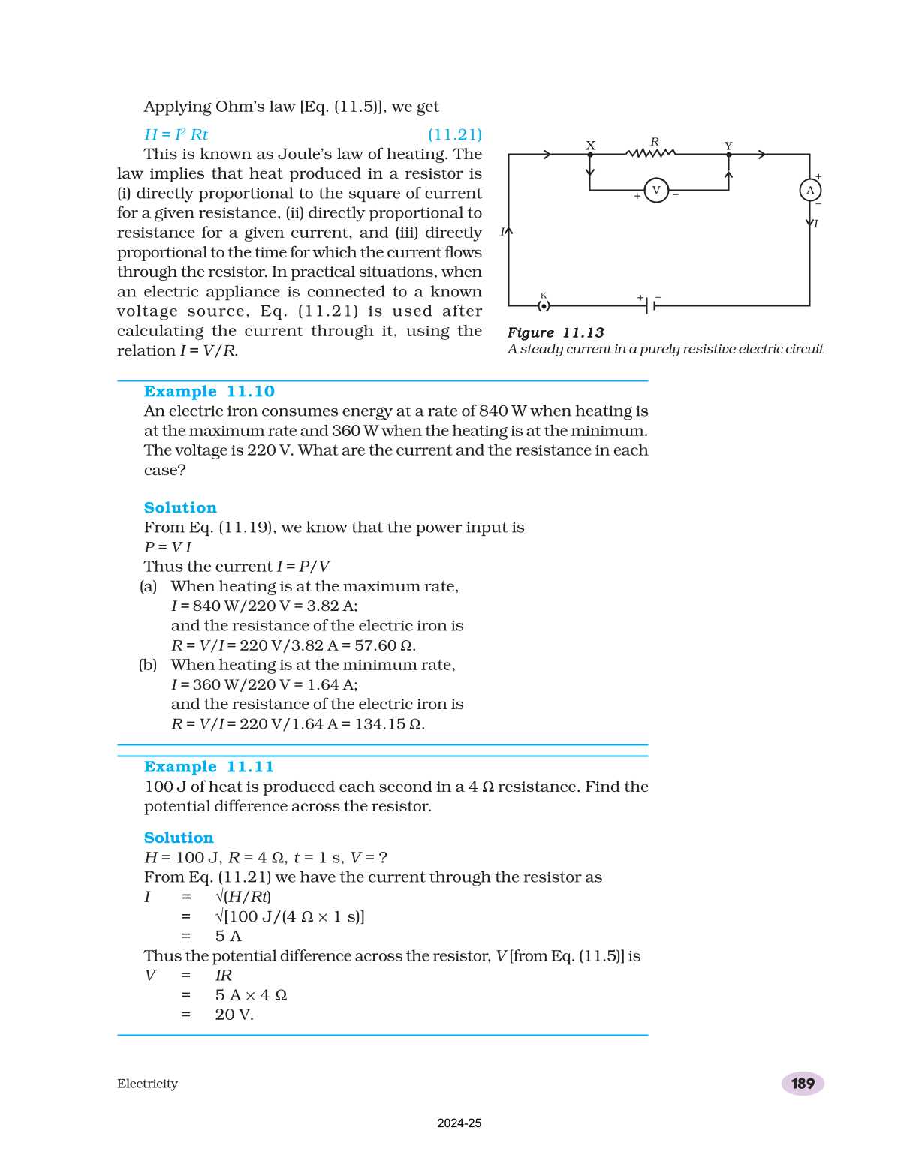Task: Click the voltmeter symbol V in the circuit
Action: (656, 190)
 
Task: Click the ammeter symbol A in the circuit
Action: (810, 190)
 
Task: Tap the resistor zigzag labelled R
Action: (651, 154)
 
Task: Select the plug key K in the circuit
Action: (544, 305)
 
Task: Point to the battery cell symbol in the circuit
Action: (650, 305)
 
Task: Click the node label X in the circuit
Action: (590, 146)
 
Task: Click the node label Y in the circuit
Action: (728, 146)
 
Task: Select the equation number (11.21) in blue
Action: (454, 134)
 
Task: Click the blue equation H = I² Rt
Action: (176, 134)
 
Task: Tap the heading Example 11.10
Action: (209, 392)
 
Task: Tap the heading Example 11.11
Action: (209, 767)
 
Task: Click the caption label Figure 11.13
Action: (555, 332)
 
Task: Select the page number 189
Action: (803, 1083)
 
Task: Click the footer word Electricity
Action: (147, 1084)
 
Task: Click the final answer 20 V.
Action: (234, 1015)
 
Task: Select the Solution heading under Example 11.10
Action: (180, 508)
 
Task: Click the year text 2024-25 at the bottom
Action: (459, 1123)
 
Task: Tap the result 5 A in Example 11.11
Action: (228, 936)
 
